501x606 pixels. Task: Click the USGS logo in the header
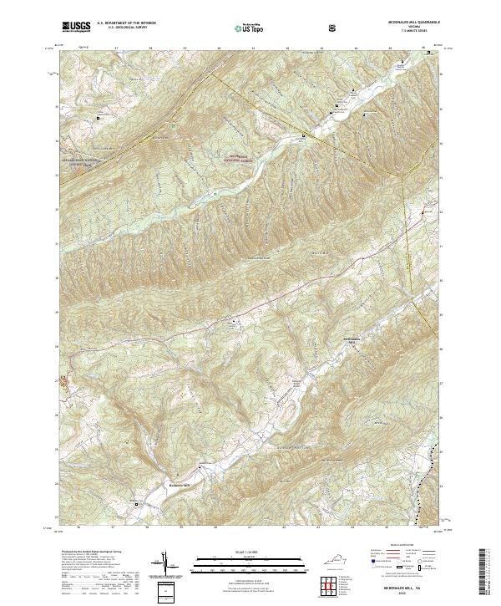76,27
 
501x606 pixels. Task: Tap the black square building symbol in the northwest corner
99,118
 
